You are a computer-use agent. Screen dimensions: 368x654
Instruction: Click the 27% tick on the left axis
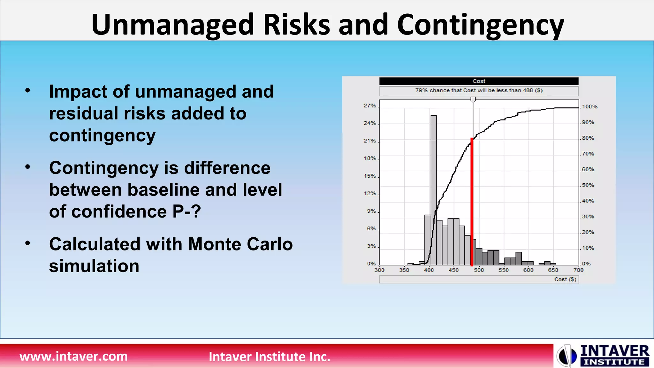pos(370,106)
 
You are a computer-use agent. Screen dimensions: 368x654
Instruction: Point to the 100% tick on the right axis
pos(589,107)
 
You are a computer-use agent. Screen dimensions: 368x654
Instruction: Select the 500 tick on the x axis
pos(479,270)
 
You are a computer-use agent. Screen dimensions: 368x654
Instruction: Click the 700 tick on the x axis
pos(578,270)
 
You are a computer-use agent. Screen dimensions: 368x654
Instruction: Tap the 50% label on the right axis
pos(588,185)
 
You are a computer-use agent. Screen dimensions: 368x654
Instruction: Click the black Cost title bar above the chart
pos(479,81)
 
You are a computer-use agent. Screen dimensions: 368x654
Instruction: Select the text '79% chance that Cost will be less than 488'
pos(479,90)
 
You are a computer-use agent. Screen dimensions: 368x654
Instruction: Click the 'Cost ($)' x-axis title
pos(565,279)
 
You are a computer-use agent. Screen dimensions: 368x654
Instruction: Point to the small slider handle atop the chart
pos(473,99)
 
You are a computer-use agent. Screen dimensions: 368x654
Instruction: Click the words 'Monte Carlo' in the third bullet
pos(240,244)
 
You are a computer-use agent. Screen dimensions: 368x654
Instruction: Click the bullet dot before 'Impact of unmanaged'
pos(28,90)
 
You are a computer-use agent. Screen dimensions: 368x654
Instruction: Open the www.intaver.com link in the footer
pos(73,356)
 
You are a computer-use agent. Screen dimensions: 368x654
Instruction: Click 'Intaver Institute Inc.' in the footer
pos(269,356)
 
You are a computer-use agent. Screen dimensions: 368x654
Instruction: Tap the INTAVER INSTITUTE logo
pos(603,355)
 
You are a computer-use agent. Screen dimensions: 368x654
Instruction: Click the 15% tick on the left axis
pos(370,176)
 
